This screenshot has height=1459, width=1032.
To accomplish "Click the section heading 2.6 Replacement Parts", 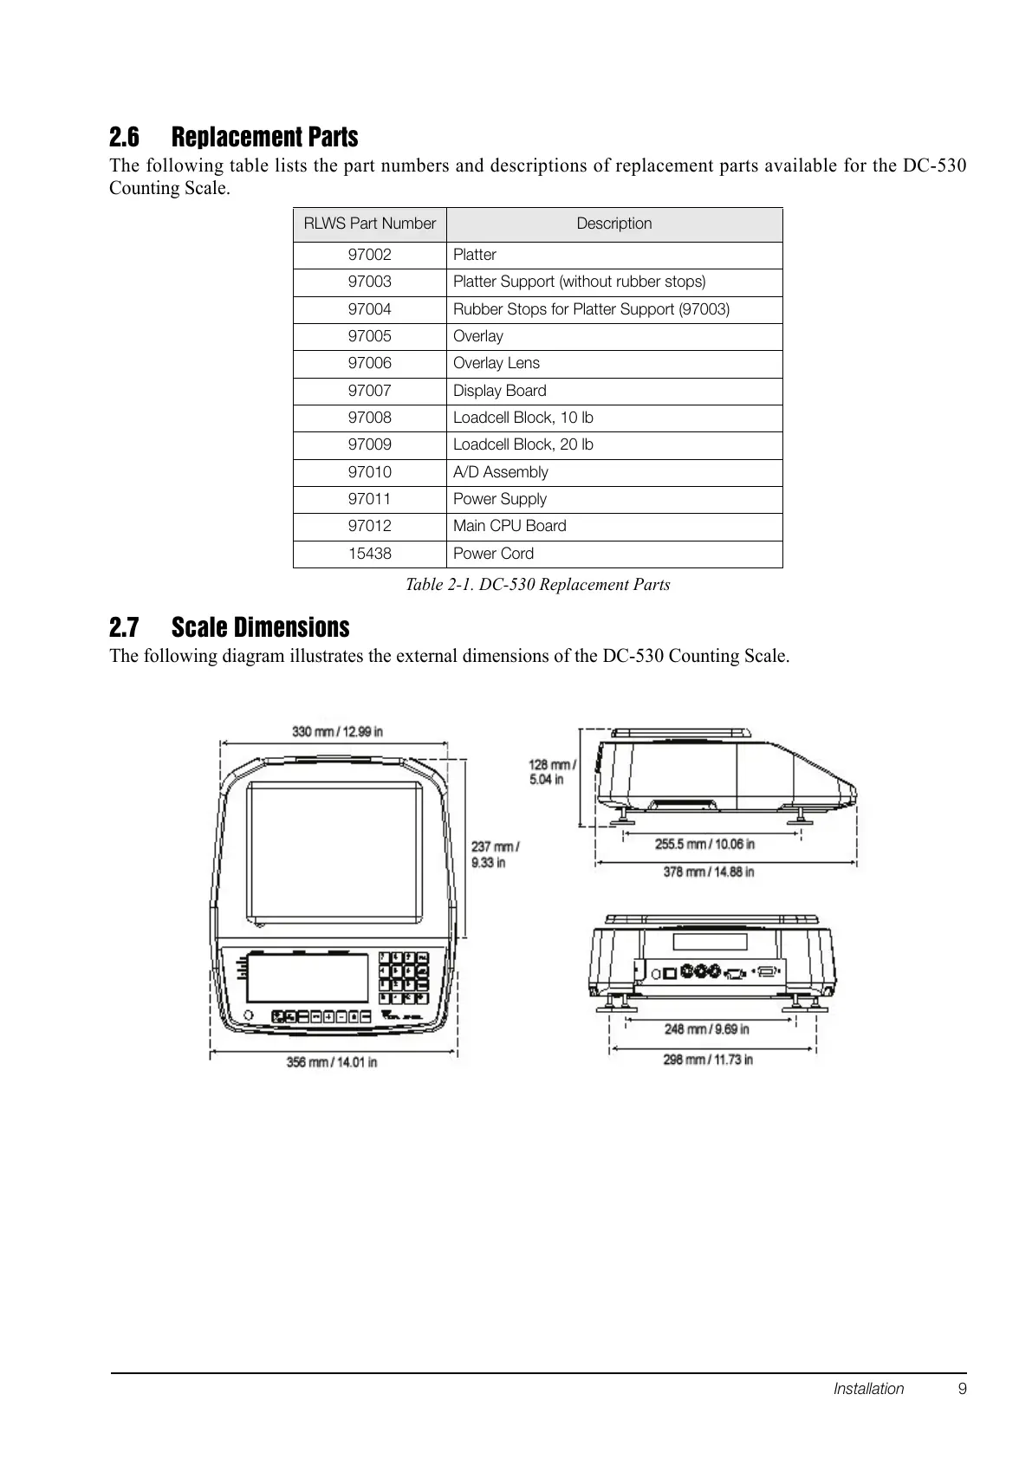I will (x=234, y=137).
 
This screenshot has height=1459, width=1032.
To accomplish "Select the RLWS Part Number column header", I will (x=369, y=224).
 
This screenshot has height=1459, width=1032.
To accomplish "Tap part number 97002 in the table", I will (x=369, y=255).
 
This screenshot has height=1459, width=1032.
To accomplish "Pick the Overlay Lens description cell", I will (x=497, y=363).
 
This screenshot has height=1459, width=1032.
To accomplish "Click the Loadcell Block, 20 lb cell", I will (x=523, y=444).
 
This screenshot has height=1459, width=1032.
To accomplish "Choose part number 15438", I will (x=369, y=554).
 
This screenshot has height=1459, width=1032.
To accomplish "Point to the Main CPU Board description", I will (x=510, y=526).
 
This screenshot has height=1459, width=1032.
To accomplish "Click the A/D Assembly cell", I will (x=501, y=472).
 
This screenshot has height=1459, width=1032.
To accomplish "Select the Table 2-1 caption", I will (x=537, y=585).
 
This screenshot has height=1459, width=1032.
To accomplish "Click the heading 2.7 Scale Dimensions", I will (x=230, y=627).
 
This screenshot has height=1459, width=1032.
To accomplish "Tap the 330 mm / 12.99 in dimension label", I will (x=337, y=731).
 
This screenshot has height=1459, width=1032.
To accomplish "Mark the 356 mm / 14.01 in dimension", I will (x=332, y=1061).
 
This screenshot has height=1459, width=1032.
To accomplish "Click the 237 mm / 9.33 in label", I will (x=495, y=854).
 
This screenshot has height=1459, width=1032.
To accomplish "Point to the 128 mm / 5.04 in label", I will (x=551, y=771).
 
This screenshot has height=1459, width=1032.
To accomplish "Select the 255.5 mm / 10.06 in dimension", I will (x=704, y=843).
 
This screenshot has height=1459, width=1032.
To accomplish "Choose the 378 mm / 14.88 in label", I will (x=708, y=872).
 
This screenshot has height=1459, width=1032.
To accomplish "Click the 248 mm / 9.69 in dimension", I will (x=706, y=1029).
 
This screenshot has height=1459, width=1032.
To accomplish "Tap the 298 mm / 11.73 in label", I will (x=708, y=1059).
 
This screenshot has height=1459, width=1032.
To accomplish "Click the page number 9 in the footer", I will (x=963, y=1389).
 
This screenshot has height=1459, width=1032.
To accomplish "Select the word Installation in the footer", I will (x=868, y=1389).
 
